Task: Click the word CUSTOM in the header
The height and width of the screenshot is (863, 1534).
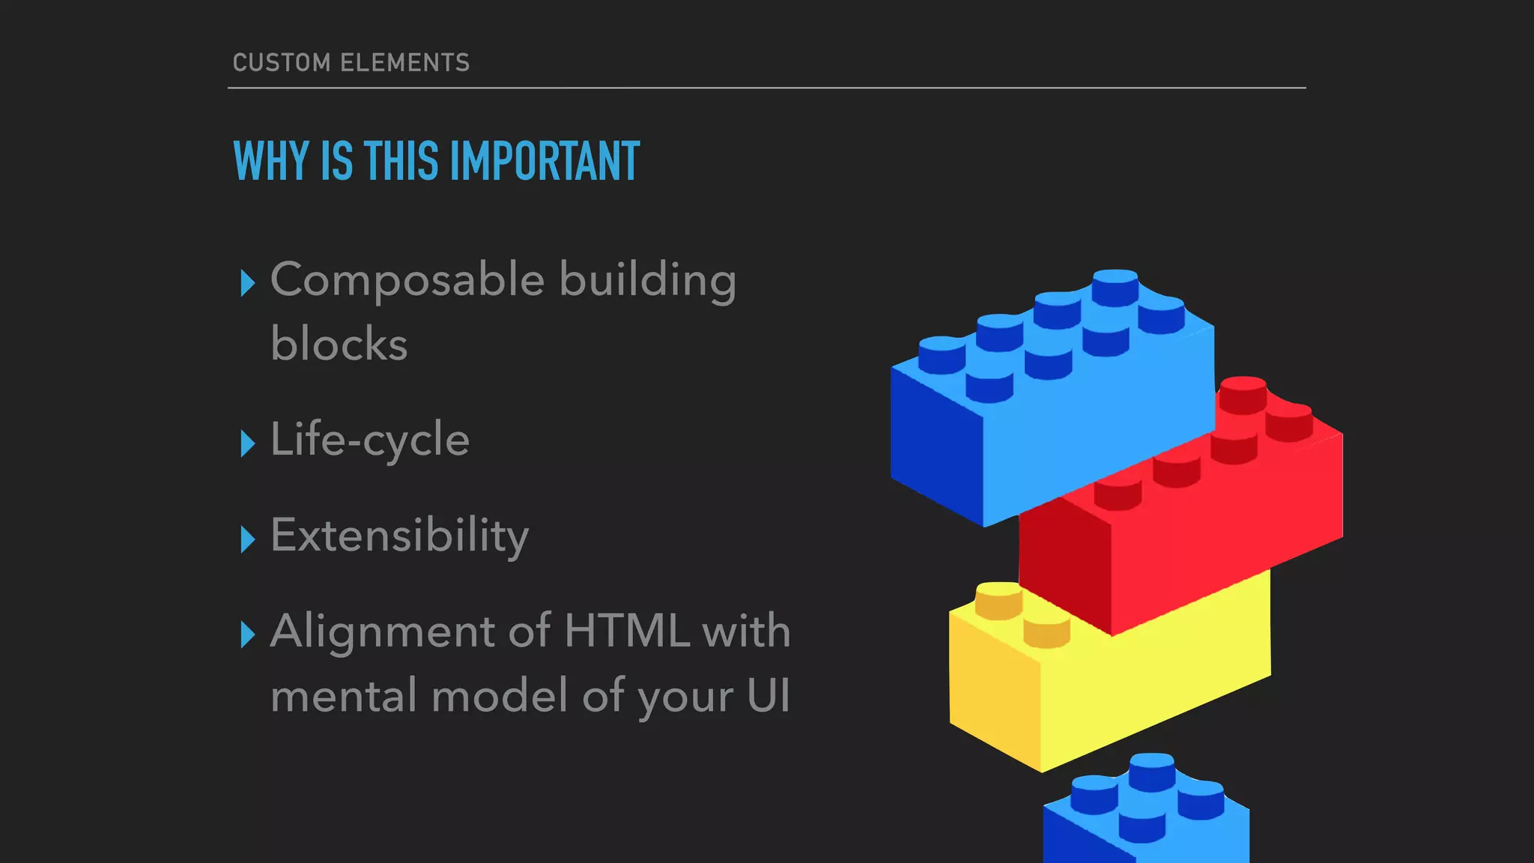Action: pyautogui.click(x=281, y=62)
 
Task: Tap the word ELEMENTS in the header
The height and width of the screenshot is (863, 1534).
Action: pyautogui.click(x=404, y=62)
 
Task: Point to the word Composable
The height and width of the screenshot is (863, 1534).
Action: pyautogui.click(x=407, y=279)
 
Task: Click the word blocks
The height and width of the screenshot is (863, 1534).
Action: pyautogui.click(x=339, y=344)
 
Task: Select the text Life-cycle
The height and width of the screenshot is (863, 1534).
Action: pyautogui.click(x=370, y=440)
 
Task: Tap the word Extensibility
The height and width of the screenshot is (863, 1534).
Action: pyautogui.click(x=399, y=536)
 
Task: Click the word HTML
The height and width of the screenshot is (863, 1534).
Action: pyautogui.click(x=626, y=631)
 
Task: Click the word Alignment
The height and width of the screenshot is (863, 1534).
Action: pyautogui.click(x=382, y=631)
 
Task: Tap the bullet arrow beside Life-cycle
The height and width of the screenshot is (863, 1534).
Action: pyautogui.click(x=248, y=443)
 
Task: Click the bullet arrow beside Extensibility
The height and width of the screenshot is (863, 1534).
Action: pyautogui.click(x=248, y=539)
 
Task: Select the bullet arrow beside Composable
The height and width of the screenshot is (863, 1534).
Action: pyautogui.click(x=248, y=283)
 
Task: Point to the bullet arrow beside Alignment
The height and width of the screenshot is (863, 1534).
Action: pyautogui.click(x=248, y=635)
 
